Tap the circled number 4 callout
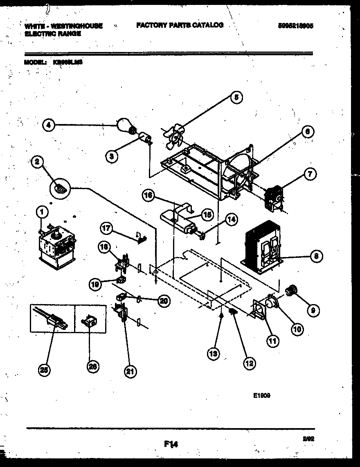[x=48, y=126]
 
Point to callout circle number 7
[x=310, y=174]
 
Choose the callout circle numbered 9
[x=313, y=310]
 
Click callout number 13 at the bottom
[x=213, y=354]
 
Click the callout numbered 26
[x=93, y=367]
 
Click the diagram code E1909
[x=261, y=396]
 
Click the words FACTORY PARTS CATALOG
[x=180, y=25]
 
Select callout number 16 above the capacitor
[x=149, y=196]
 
